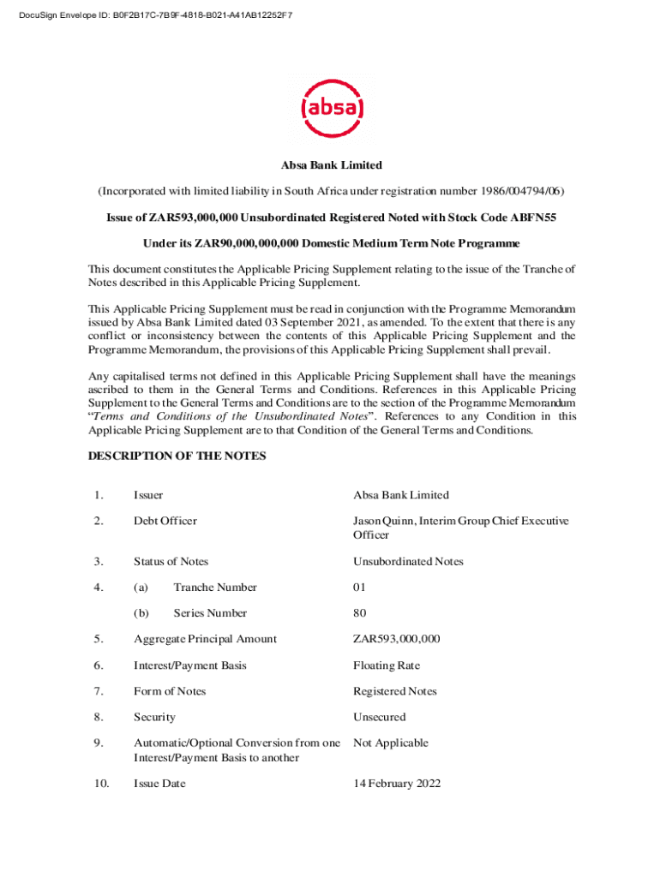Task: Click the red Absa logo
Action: (333, 109)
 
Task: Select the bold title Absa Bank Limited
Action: (332, 164)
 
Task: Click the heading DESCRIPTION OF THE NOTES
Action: (177, 456)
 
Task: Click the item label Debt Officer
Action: (165, 521)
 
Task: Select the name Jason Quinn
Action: (382, 521)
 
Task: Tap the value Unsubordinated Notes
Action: (408, 562)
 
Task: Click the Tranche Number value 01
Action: (359, 588)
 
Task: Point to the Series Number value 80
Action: (359, 613)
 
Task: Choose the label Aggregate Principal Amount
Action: (205, 639)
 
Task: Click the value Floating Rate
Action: (387, 665)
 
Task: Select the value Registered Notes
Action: (394, 691)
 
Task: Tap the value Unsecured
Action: (379, 717)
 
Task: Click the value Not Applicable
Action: (390, 743)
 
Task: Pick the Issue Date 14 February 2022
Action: (397, 784)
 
